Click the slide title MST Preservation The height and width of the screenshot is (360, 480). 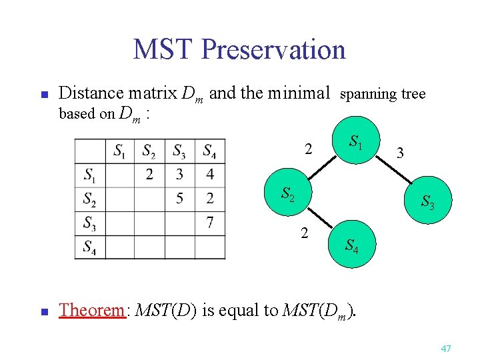pos(239,49)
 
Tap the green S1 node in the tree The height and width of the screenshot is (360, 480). pos(357,143)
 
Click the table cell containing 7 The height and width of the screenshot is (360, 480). pos(209,222)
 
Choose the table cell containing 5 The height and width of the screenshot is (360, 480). pos(179,199)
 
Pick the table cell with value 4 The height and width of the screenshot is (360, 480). pos(209,175)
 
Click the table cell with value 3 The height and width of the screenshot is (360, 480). pos(179,175)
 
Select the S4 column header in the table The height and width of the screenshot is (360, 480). pos(209,151)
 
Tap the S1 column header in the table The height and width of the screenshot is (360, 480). pos(120,151)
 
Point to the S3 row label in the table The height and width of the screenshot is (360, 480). pos(90,223)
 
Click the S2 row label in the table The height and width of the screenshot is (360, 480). pos(90,199)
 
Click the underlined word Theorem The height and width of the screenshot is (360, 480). pos(92,310)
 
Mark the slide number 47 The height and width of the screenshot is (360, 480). pos(446,349)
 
